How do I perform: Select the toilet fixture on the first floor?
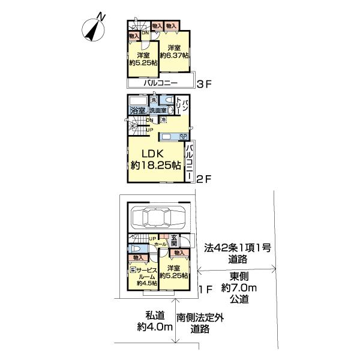click(x=136, y=249)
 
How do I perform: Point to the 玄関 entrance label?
click(x=173, y=241)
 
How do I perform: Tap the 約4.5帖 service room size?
click(x=146, y=284)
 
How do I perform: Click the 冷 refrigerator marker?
click(x=163, y=121)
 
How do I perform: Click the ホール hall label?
click(x=160, y=245)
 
